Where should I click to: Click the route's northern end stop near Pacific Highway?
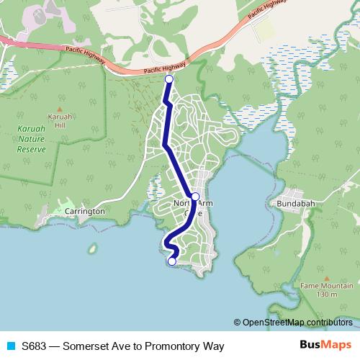pos(169,79)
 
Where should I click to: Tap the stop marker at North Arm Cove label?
pos(195,196)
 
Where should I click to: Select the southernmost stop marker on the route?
pos(172,261)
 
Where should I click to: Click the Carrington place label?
pos(85,212)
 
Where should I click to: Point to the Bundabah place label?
pos(297,204)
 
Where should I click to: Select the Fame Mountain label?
pos(319,286)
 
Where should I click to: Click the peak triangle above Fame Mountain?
pos(327,277)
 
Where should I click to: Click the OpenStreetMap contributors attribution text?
pos(297,322)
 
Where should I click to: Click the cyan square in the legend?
pos(10,346)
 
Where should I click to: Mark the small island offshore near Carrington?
pos(93,250)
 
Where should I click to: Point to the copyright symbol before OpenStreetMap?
pos(238,322)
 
